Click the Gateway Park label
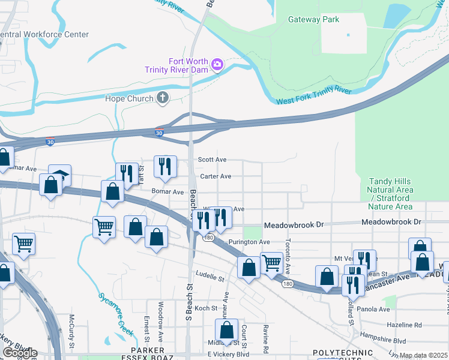313,20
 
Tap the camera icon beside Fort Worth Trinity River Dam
217,64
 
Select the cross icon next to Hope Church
162,98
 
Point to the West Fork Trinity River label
313,95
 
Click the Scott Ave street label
213,160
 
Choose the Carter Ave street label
215,176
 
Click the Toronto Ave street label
288,255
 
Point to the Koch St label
205,308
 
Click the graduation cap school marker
60,175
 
